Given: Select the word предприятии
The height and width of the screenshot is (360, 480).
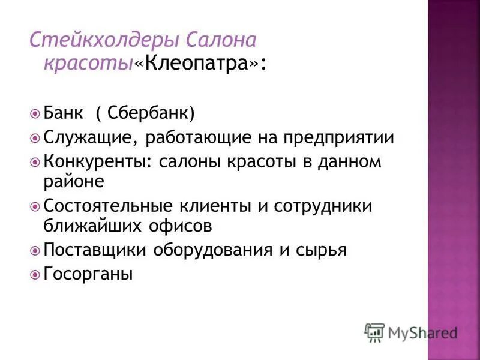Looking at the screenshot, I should [x=346, y=138].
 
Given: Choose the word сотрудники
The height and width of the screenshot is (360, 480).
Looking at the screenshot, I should [x=323, y=206].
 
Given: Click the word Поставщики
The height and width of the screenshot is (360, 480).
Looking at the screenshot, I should [x=92, y=250].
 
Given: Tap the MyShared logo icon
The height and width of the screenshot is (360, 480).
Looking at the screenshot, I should [x=374, y=332].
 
